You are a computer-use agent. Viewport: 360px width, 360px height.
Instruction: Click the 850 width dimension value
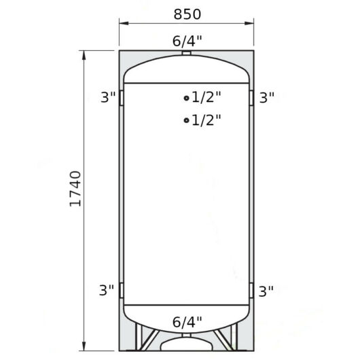point(187,14)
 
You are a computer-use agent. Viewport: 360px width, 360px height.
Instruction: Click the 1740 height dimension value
point(75,189)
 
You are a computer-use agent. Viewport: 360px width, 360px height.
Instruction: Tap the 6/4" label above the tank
point(187,41)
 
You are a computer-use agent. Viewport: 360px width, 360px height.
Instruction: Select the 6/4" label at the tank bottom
point(187,322)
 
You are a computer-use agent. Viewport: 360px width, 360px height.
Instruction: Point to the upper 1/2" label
point(206,97)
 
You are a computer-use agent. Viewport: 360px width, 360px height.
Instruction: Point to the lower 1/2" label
point(206,120)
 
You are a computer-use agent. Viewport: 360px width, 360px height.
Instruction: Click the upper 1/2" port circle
point(186,98)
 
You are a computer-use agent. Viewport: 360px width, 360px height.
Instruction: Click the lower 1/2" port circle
point(186,120)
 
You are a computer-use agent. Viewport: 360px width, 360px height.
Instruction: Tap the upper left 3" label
point(108,97)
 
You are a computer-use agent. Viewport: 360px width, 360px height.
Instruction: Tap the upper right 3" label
point(267,97)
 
